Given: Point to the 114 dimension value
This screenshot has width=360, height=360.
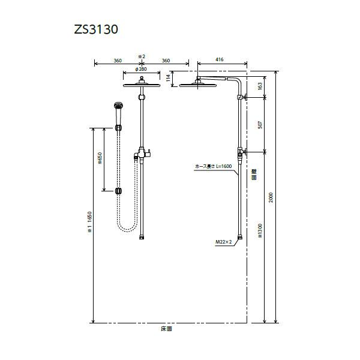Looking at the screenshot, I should click(170, 76).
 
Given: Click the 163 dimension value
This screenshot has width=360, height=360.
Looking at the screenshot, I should click(259, 86).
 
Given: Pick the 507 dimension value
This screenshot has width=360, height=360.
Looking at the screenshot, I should click(259, 124).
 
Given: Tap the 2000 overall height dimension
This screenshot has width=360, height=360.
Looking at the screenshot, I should click(271, 199).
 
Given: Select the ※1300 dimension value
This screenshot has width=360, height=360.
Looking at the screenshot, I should click(260, 231).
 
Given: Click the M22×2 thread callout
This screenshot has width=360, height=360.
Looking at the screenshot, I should click(224, 242).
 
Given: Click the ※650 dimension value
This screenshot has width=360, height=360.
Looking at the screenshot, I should click(100, 159).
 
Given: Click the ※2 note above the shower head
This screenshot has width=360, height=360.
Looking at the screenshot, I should click(142, 56).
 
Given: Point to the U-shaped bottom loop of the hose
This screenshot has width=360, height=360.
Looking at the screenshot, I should click(127, 229).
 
